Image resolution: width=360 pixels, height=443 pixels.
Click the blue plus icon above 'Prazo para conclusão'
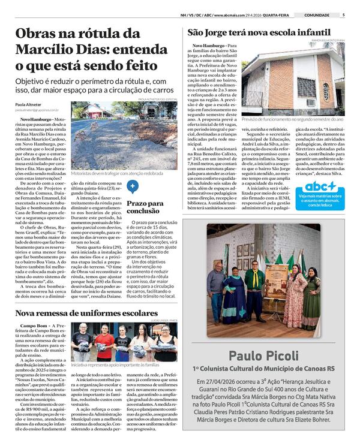point(133,186)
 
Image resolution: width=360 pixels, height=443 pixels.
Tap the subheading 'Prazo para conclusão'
point(145,207)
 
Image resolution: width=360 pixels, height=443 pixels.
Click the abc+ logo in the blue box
point(320,186)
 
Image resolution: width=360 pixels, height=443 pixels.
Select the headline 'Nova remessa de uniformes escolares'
point(87,313)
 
